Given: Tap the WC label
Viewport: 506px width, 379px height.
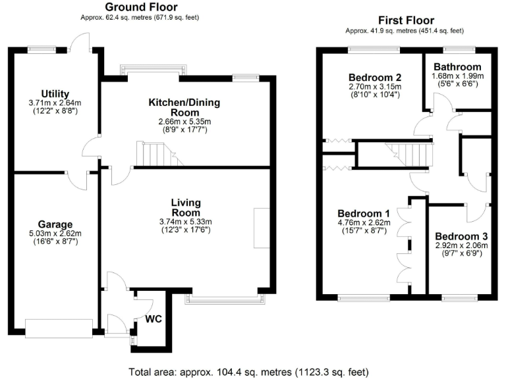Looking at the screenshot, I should click(x=154, y=320).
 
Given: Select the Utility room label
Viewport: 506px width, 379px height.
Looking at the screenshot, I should click(x=53, y=94).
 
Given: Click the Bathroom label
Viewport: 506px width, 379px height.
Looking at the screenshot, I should click(x=457, y=67).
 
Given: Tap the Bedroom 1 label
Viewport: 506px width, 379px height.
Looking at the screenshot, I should click(x=364, y=213).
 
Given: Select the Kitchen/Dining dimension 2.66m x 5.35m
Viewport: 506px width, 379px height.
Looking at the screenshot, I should click(x=184, y=122).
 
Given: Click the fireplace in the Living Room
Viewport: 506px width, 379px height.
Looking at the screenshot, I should click(x=262, y=228).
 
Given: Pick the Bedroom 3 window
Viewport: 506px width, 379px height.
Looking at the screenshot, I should click(x=457, y=297).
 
